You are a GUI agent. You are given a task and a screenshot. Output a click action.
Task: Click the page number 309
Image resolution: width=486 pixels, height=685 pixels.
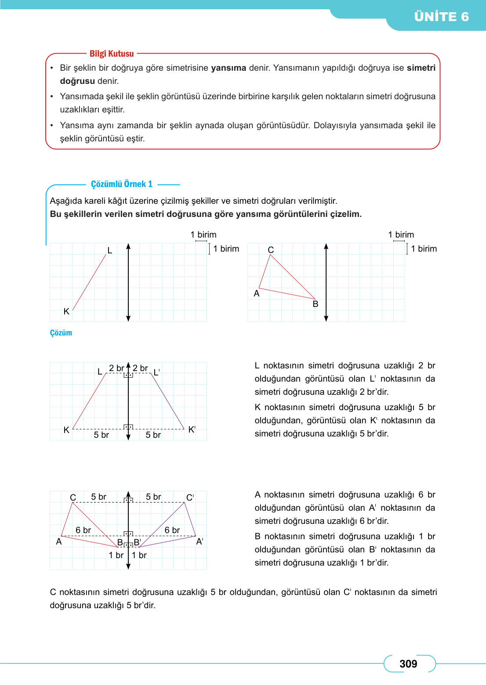pyautogui.click(x=408, y=663)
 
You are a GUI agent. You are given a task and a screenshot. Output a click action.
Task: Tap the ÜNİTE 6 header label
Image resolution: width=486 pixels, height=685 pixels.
pyautogui.click(x=441, y=17)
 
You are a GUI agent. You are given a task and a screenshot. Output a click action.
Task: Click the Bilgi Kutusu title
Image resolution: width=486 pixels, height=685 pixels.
pyautogui.click(x=112, y=54)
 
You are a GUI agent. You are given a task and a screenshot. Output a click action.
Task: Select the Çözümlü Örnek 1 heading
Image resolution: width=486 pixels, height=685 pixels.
pyautogui.click(x=122, y=184)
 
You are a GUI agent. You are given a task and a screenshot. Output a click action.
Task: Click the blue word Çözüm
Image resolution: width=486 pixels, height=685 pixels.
pyautogui.click(x=61, y=333)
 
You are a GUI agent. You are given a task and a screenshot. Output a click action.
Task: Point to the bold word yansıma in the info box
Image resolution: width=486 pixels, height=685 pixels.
pyautogui.click(x=228, y=68)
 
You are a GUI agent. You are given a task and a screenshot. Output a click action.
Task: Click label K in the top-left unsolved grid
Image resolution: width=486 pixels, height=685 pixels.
pyautogui.click(x=66, y=311)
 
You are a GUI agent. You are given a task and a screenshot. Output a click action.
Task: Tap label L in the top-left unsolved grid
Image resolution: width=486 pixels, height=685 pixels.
pyautogui.click(x=110, y=250)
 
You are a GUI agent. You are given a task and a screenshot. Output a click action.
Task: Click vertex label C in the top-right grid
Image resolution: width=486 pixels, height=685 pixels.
pyautogui.click(x=271, y=249)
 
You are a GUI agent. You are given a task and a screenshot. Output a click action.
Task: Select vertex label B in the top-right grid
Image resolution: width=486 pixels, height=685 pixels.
pyautogui.click(x=315, y=304)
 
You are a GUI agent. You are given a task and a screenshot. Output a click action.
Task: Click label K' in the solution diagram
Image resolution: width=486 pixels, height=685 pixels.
pyautogui.click(x=192, y=429)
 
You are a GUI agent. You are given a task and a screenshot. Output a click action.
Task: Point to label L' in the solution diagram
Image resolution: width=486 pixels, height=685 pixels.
pyautogui.click(x=156, y=372)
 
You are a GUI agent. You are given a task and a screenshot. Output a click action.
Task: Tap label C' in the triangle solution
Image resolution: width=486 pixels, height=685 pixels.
pyautogui.click(x=190, y=498)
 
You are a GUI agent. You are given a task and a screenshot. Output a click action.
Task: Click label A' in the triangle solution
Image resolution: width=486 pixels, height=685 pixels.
pyautogui.click(x=199, y=541)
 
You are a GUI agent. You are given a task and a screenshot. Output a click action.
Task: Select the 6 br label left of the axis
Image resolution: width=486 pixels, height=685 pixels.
pyautogui.click(x=83, y=530)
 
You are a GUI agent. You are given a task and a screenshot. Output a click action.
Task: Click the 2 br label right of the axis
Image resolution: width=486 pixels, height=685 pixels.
pyautogui.click(x=140, y=368)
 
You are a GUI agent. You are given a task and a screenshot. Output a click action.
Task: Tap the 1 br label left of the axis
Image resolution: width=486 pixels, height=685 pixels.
pyautogui.click(x=116, y=555)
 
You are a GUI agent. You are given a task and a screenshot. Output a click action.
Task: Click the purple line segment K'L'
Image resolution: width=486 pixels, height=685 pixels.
pyautogui.click(x=167, y=400)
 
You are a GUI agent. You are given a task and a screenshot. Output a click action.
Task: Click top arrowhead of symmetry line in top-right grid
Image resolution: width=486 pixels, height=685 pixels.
pyautogui.click(x=326, y=246)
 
